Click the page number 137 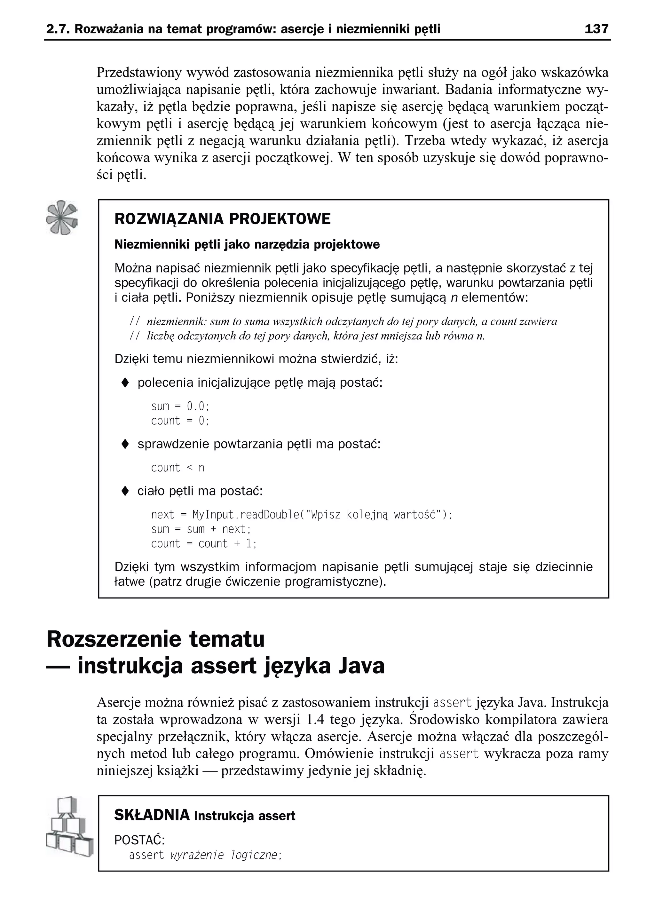tap(596, 29)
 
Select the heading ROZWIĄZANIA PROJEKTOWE tap(222, 219)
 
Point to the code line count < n tap(178, 468)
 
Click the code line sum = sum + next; tap(201, 529)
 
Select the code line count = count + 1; tap(204, 544)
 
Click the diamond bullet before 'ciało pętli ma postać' tap(125, 491)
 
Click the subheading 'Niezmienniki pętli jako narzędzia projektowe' tap(247, 244)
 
